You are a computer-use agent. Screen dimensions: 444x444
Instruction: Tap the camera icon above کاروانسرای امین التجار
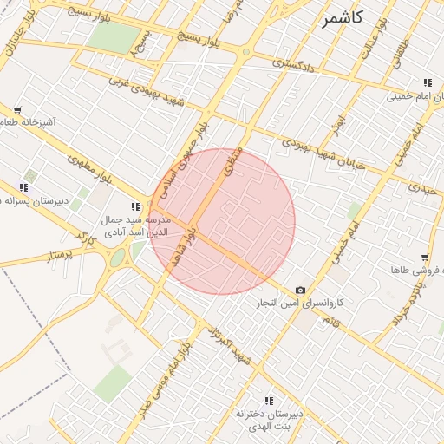[x=300, y=290]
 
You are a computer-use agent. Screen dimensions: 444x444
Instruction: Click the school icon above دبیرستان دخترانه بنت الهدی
[x=269, y=400]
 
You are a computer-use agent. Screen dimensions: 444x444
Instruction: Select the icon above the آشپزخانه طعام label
[x=17, y=110]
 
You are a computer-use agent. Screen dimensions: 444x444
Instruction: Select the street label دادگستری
[x=293, y=63]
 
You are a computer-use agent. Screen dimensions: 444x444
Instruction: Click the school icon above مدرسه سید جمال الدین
[x=134, y=206]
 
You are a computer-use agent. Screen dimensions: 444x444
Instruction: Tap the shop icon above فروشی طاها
[x=425, y=258]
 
